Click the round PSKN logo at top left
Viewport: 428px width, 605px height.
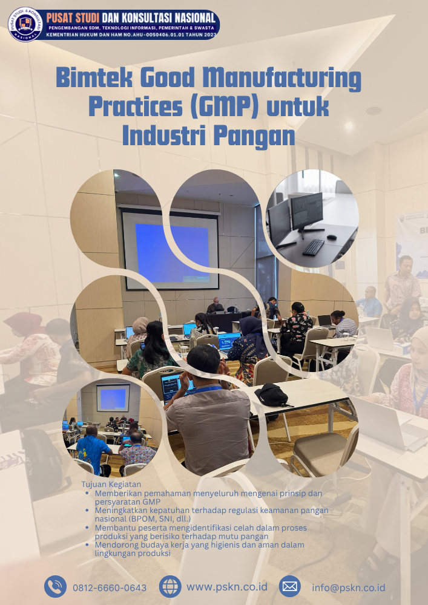(x=25, y=24)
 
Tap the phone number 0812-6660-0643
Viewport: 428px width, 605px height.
(x=110, y=587)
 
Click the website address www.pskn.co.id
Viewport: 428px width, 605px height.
(x=227, y=587)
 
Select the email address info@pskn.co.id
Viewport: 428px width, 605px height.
(x=349, y=587)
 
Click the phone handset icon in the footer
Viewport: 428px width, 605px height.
(x=56, y=586)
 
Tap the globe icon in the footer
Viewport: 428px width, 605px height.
(x=170, y=586)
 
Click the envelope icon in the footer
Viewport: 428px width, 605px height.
(x=290, y=586)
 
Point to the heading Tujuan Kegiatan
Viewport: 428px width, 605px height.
(x=111, y=485)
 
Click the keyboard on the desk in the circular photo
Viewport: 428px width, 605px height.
(x=313, y=247)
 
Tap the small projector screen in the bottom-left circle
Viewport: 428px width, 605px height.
(x=113, y=398)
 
